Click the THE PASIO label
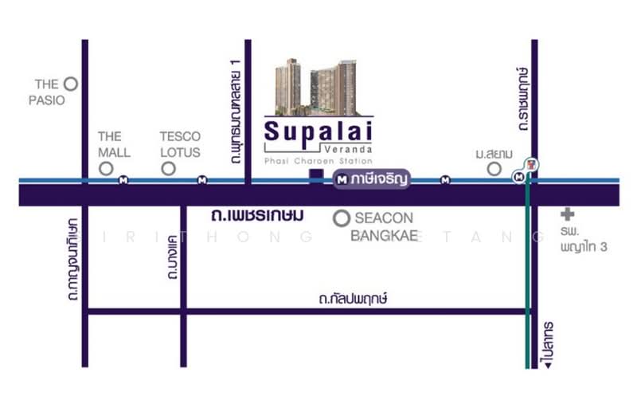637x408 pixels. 47,92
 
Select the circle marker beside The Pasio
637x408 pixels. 70,83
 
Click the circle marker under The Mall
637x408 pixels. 105,168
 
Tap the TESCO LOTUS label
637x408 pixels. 180,144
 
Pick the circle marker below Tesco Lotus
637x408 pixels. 168,168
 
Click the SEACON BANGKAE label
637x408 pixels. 385,226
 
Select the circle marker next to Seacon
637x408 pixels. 342,218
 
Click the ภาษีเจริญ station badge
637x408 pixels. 372,180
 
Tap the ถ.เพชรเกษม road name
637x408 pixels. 258,216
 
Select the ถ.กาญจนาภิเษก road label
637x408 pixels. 72,259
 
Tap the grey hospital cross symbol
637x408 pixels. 567,214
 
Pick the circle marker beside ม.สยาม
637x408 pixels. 494,168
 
